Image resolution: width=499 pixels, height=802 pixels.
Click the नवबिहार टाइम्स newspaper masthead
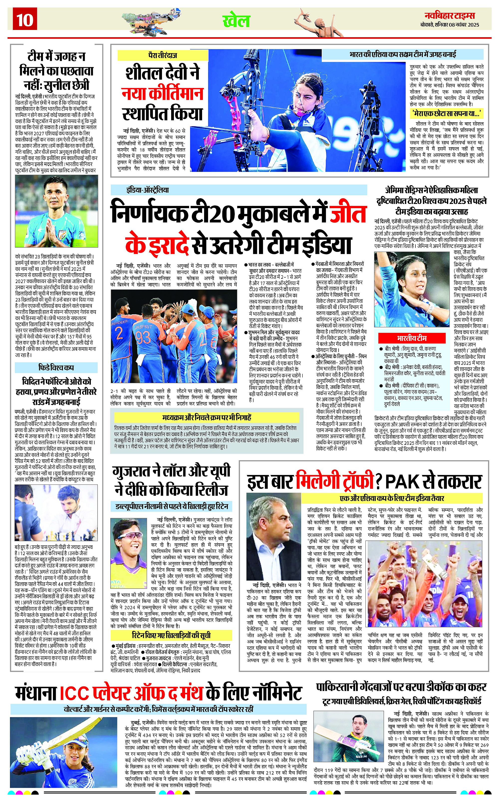[x=450, y=15]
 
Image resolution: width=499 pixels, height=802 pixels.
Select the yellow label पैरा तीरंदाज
[x=163, y=55]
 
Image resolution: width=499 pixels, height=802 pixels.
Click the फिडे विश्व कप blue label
[x=56, y=367]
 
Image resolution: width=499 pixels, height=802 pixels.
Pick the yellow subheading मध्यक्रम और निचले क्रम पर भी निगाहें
[x=207, y=417]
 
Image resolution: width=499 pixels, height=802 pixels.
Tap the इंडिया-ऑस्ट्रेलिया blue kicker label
[x=147, y=190]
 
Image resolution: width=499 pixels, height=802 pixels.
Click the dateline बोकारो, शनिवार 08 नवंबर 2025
[x=450, y=25]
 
